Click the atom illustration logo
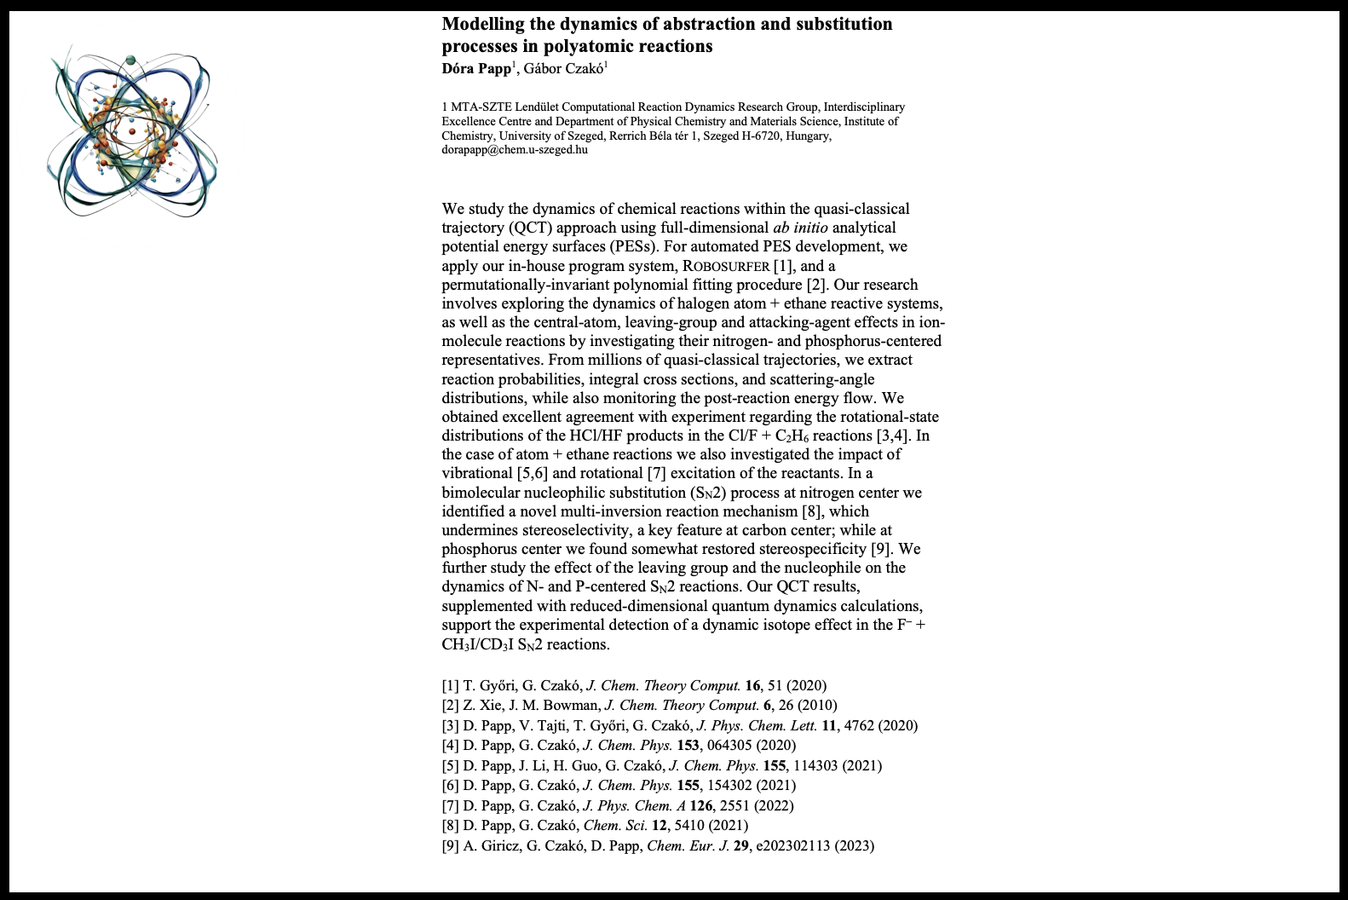132,135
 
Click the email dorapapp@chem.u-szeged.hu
514,150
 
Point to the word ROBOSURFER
720,266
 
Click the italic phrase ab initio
800,228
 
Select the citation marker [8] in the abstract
812,511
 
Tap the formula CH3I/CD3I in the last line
477,644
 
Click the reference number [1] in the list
450,685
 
